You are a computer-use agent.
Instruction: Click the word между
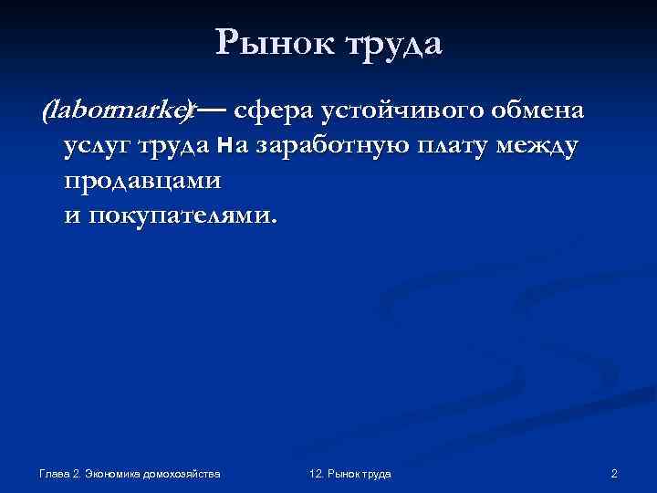[x=537, y=147]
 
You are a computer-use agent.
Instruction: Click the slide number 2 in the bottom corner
[x=614, y=474]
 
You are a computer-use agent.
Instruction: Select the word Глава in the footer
[x=56, y=474]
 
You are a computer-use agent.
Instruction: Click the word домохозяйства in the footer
[x=186, y=474]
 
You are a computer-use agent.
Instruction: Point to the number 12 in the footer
[x=316, y=474]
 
